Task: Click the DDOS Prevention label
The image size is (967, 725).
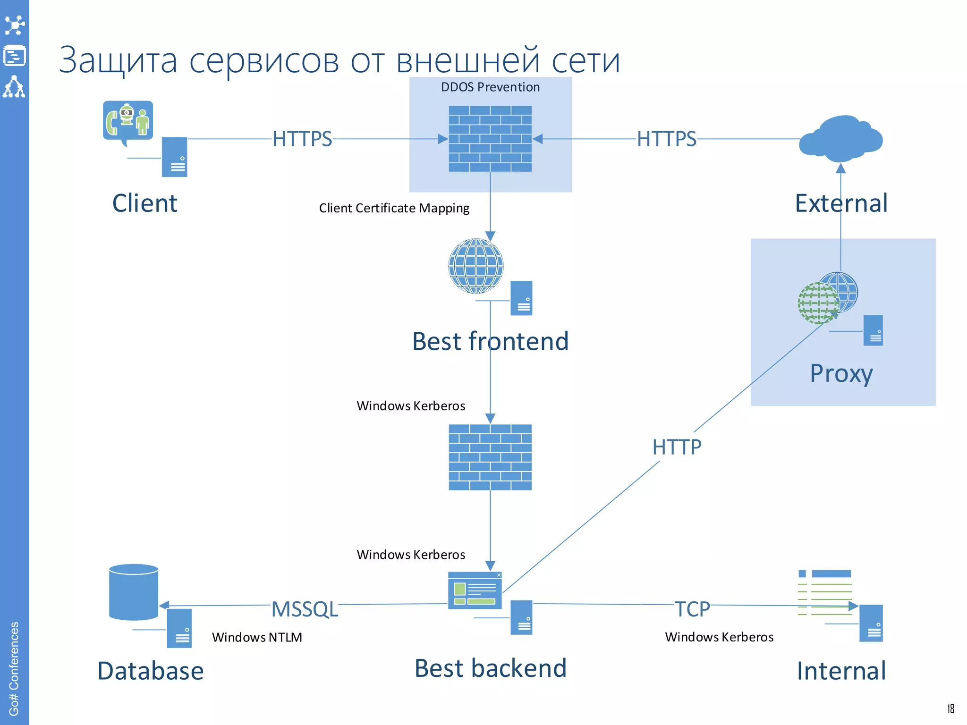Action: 490,87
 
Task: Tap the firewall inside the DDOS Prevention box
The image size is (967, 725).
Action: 490,139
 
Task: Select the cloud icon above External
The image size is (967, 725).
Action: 840,137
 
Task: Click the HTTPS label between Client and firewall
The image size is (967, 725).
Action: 302,139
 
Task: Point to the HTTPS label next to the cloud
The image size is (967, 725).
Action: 666,139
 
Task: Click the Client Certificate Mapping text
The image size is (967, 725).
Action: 394,208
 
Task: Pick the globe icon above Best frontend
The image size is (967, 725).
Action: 475,266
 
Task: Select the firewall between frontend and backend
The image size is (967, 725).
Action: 490,457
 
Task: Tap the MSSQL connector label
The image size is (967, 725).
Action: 305,609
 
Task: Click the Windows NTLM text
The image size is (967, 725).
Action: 257,637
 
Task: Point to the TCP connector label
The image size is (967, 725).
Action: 692,609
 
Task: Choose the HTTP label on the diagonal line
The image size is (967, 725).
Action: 677,447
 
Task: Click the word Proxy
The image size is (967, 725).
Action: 841,374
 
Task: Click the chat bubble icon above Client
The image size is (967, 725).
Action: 128,121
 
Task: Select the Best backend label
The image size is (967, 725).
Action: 490,668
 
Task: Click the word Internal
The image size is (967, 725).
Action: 841,671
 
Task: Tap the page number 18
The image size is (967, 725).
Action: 950,708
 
